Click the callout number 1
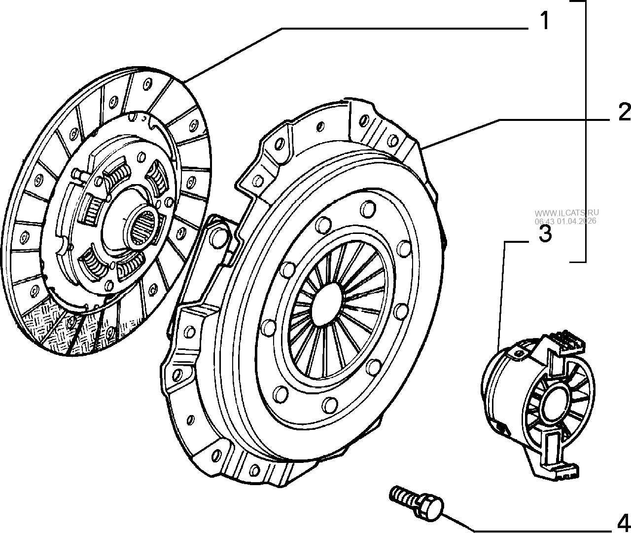point(545,21)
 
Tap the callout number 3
point(545,234)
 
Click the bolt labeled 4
point(417,504)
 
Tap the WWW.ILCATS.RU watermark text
point(566,213)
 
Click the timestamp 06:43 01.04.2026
point(565,221)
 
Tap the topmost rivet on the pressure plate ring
point(368,208)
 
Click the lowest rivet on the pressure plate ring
point(330,405)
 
